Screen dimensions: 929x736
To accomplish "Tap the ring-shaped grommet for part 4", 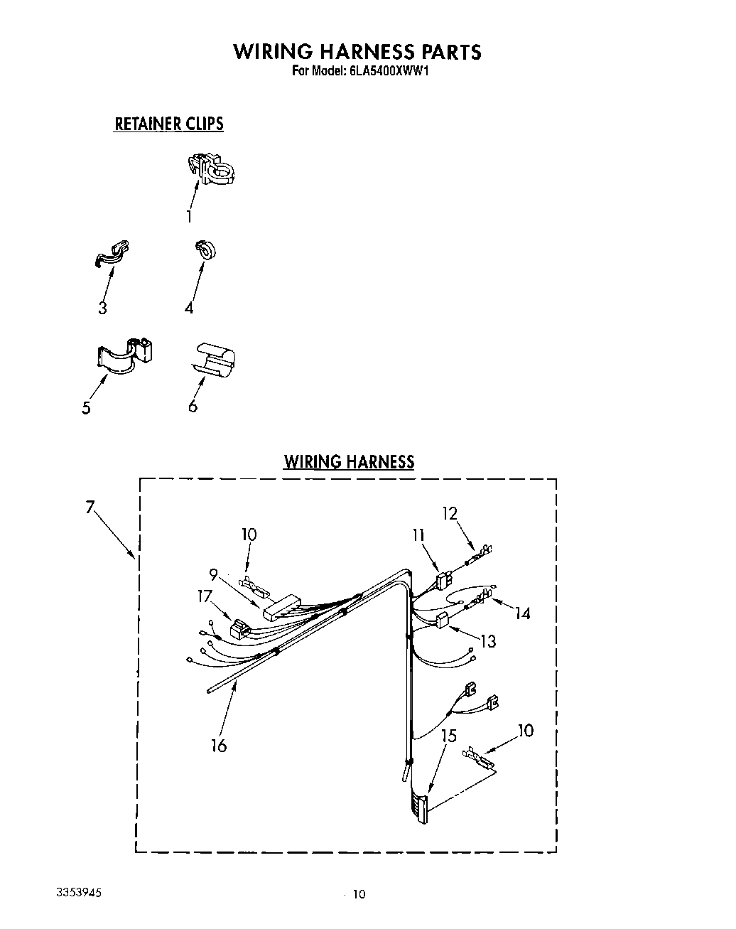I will [206, 249].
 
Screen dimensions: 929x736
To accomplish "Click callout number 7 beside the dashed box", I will [90, 508].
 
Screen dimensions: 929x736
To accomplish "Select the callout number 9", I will [213, 574].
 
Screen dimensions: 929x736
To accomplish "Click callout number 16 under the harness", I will [219, 746].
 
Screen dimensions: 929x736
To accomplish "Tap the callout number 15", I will [449, 736].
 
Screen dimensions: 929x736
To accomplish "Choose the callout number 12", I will [449, 513].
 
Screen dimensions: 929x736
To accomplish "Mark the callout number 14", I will [523, 613].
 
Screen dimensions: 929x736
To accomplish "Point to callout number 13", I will [487, 641].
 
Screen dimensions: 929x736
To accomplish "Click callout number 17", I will [205, 596].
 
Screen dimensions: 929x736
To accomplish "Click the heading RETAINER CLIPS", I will [169, 124].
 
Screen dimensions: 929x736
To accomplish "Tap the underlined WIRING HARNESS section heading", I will [349, 461].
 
